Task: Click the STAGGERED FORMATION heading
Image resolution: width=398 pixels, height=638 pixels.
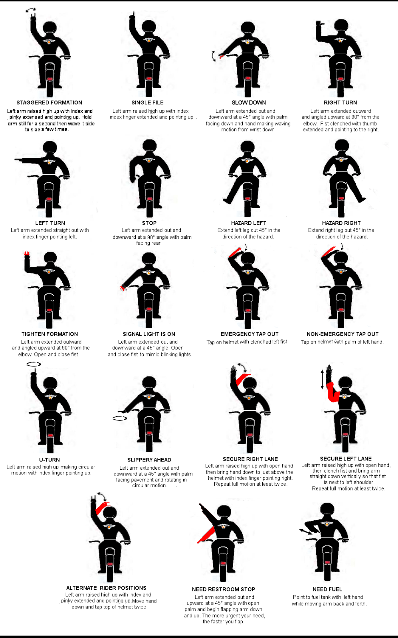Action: click(x=49, y=102)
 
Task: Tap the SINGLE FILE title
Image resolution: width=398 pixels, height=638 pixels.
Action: click(x=148, y=102)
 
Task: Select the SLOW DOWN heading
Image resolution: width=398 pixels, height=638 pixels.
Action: click(x=249, y=102)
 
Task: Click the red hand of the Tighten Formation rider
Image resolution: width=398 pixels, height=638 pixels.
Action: click(x=27, y=254)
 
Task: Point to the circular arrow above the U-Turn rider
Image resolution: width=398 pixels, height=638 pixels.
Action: click(x=34, y=364)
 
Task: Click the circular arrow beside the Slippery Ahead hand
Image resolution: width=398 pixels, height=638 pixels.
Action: click(x=120, y=418)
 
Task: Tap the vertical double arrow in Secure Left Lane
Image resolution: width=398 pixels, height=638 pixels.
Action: click(x=323, y=379)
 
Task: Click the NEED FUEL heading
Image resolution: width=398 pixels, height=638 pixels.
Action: click(x=327, y=589)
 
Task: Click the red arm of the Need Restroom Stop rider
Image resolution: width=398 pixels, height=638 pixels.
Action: click(x=206, y=534)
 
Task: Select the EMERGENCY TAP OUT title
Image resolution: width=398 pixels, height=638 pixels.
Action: click(x=249, y=334)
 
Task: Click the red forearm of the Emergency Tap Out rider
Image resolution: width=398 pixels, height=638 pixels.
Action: click(x=236, y=253)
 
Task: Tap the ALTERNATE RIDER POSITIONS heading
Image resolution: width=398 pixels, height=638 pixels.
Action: click(x=106, y=588)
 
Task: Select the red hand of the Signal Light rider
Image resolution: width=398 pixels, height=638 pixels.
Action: click(x=123, y=287)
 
